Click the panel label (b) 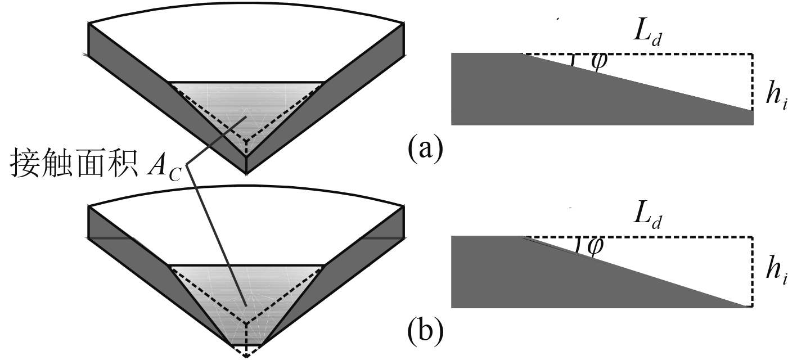click(425, 333)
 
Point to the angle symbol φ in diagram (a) click(598, 61)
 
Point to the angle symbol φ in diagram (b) click(595, 246)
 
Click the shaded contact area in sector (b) click(246, 292)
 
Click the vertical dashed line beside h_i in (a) click(752, 82)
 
